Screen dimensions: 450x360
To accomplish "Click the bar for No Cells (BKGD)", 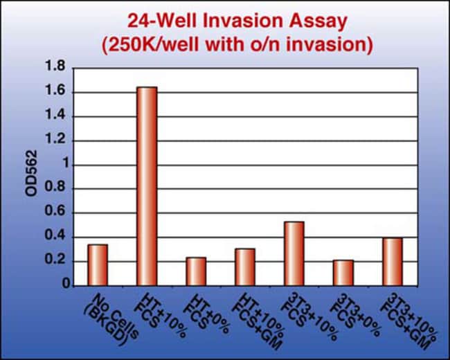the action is (x=98, y=265).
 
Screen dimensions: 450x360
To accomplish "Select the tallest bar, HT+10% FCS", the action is (x=147, y=186).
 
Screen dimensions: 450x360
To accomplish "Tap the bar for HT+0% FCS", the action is (x=196, y=271).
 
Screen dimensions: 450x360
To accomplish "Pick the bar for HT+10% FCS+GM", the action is (x=245, y=267).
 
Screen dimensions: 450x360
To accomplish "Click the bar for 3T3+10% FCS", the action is (x=294, y=254).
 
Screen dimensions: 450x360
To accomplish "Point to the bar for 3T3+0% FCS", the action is (x=343, y=273).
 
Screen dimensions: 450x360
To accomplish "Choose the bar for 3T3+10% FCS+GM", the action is (x=393, y=262).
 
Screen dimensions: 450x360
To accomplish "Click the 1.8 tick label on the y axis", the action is (x=55, y=66).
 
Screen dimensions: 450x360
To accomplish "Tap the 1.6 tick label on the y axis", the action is (x=55, y=91).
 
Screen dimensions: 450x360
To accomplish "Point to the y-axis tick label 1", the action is (x=66, y=164).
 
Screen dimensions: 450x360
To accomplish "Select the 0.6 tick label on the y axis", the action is (x=55, y=212).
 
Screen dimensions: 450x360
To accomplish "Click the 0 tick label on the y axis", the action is (x=66, y=284).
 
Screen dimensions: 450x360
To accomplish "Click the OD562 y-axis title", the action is (x=31, y=173).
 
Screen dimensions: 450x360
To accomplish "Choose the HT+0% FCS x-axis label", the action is (x=207, y=314).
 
